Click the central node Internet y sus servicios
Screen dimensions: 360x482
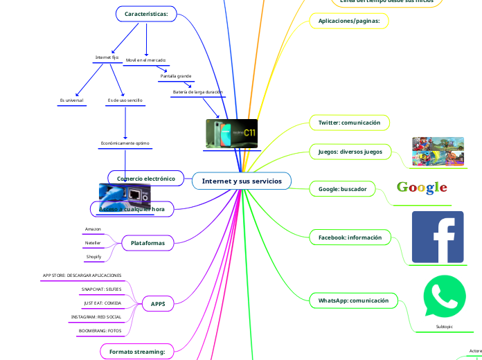coord(242,181)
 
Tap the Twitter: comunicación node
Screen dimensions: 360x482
coord(349,123)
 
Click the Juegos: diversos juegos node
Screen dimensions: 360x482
coord(350,151)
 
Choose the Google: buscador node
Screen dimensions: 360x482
coord(342,188)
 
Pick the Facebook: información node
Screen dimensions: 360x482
coord(350,237)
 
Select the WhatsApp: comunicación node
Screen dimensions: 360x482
coord(353,301)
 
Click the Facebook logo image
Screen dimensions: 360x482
coord(438,237)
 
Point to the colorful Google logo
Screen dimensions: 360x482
coord(422,188)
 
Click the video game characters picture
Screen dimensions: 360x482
coord(438,152)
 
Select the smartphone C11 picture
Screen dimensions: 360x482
coord(231,133)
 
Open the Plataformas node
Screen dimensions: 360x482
coord(148,243)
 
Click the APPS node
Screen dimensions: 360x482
coord(158,303)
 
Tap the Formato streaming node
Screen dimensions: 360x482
coord(137,352)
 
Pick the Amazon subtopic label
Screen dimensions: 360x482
coord(93,228)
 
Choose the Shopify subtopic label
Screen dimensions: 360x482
coord(93,257)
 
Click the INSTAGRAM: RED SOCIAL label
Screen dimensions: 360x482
coord(96,317)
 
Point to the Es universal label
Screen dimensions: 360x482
coord(72,100)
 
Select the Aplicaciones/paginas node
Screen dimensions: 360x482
coord(349,21)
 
